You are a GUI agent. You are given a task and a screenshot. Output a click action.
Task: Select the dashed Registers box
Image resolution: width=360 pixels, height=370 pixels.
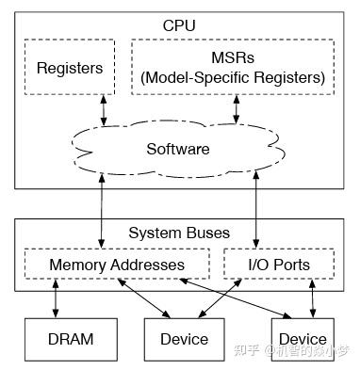(x=68, y=68)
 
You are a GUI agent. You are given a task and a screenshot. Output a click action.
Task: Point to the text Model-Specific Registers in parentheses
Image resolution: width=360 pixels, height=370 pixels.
(x=233, y=77)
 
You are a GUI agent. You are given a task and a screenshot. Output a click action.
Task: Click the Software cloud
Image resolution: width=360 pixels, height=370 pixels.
(x=178, y=149)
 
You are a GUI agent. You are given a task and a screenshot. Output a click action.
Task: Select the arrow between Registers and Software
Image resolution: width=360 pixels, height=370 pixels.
(x=104, y=109)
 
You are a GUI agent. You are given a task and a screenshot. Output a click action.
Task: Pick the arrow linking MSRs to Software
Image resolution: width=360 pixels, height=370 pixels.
(x=235, y=109)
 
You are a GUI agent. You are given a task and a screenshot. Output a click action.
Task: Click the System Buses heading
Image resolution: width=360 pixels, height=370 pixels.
(x=178, y=233)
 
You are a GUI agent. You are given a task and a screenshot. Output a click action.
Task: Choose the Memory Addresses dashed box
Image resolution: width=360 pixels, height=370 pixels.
(x=117, y=265)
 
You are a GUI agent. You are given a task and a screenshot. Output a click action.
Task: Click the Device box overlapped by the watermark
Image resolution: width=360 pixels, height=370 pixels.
(x=303, y=337)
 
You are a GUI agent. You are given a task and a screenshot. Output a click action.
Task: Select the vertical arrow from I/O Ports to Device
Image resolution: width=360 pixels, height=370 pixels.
(x=313, y=298)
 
